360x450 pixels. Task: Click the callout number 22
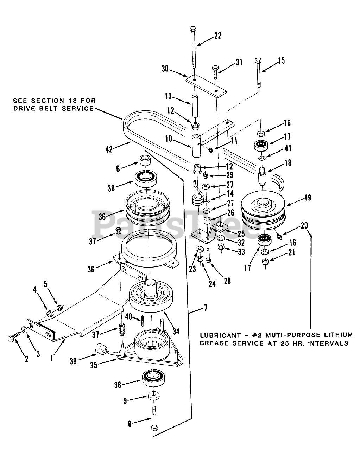pyautogui.click(x=218, y=36)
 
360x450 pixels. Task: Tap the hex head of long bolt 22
pyautogui.click(x=193, y=29)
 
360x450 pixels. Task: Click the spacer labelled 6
pyautogui.click(x=145, y=161)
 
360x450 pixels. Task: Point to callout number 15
pyautogui.click(x=282, y=60)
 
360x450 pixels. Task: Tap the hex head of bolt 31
pyautogui.click(x=215, y=68)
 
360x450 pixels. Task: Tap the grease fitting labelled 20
pyautogui.click(x=279, y=237)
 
